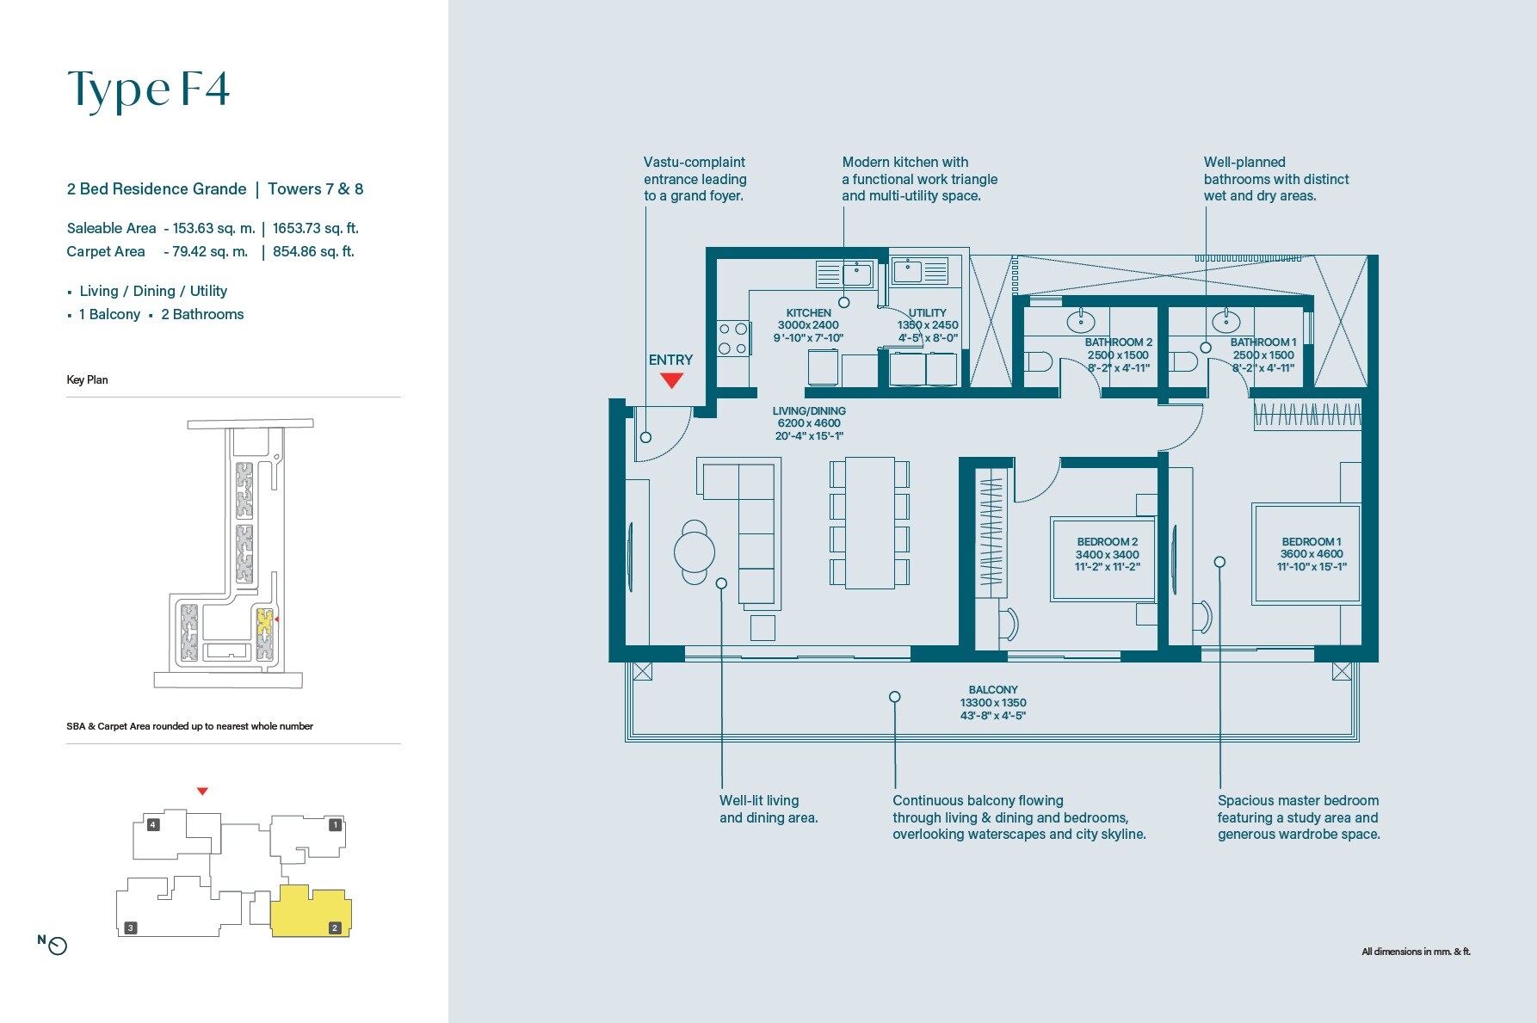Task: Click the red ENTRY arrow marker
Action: [x=671, y=380]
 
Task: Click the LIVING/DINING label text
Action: [x=809, y=411]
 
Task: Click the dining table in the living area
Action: [x=870, y=523]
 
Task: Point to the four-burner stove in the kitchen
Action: [x=732, y=339]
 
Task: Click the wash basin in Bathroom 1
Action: [x=1225, y=322]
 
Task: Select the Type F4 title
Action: [x=149, y=89]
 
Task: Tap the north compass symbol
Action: [x=57, y=946]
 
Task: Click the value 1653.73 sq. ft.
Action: [x=315, y=228]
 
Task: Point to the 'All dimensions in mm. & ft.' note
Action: [x=1416, y=952]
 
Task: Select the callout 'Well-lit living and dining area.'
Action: [x=768, y=809]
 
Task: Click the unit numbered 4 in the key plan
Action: [x=160, y=833]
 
